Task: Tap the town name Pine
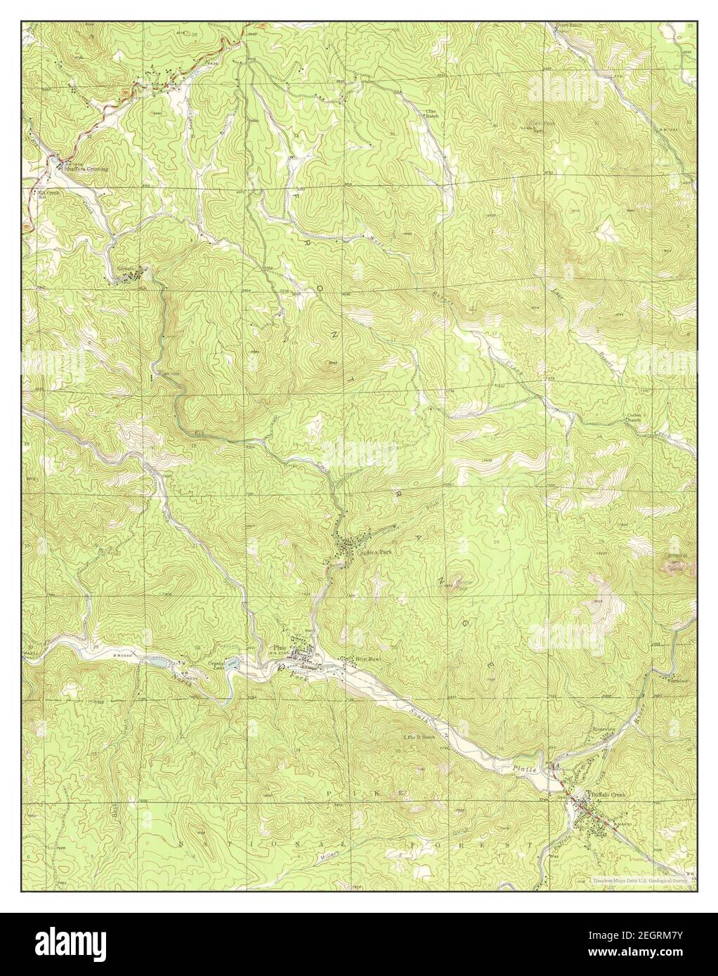tap(280, 648)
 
